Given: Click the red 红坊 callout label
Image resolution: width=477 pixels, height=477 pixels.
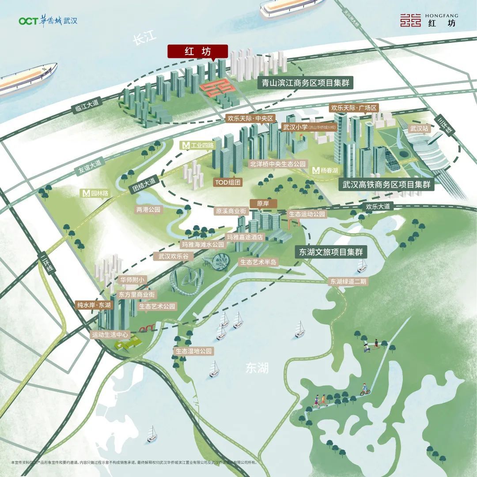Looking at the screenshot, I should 197,51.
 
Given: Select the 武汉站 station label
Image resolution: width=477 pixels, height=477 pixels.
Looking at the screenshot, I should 419,129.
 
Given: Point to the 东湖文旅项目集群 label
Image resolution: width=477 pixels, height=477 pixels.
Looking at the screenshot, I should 331,252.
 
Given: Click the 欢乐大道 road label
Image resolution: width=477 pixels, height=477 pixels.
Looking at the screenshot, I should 378,206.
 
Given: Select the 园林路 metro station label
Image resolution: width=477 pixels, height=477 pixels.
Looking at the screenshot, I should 96,193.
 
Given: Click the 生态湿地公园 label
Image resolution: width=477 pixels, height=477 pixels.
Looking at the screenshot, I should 193,352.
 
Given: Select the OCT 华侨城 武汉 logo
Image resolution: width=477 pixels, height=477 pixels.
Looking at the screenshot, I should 48,21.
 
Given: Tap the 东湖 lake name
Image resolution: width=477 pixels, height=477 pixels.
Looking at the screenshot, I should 257,367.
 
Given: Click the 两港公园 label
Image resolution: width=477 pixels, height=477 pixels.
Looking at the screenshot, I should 148,210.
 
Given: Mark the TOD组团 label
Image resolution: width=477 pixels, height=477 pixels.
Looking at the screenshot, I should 228,182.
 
